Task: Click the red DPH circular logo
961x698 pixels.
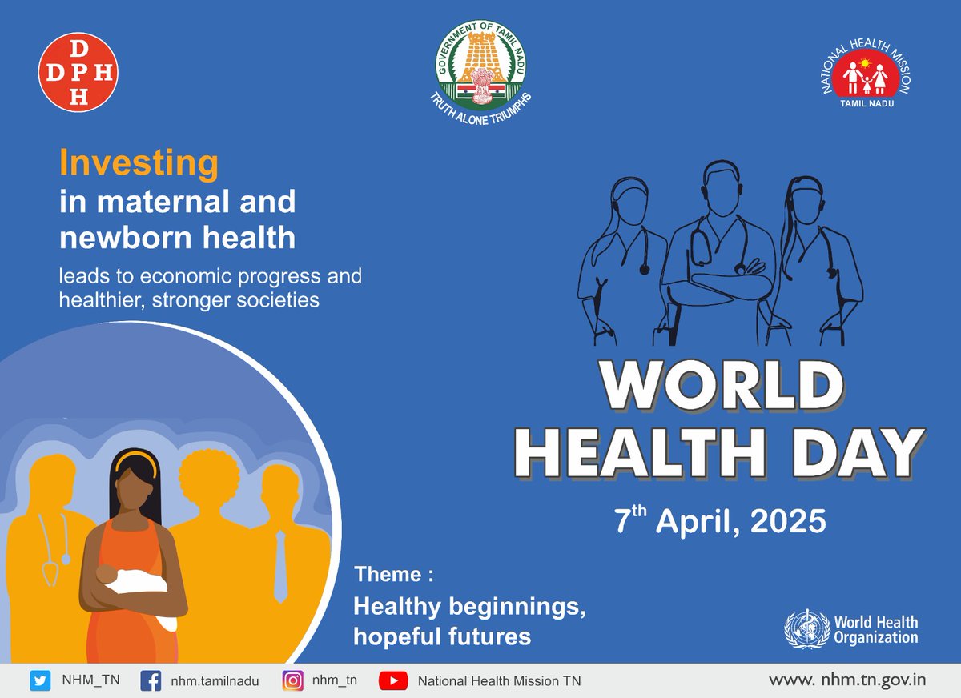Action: click(x=78, y=72)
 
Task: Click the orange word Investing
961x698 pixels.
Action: click(x=139, y=164)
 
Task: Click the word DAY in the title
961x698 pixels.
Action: click(x=851, y=453)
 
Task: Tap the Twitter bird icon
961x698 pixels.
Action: click(x=40, y=681)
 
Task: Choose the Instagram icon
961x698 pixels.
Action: click(x=293, y=681)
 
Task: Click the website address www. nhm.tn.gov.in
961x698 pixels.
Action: click(x=847, y=680)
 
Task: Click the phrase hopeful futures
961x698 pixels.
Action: click(x=442, y=636)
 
